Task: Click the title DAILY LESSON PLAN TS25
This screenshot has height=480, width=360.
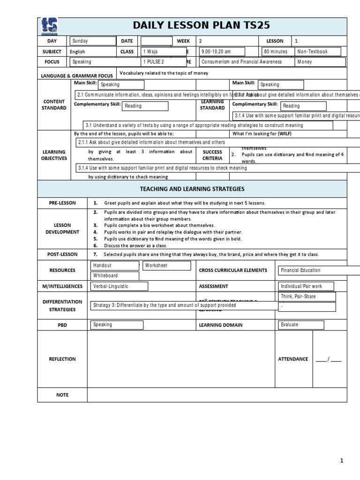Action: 202,26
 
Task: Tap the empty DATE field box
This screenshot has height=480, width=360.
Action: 156,42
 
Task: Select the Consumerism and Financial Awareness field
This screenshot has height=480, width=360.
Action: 247,62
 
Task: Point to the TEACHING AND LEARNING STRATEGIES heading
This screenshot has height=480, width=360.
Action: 192,188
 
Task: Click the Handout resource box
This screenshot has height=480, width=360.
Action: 114,266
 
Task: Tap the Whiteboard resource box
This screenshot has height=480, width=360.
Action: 114,276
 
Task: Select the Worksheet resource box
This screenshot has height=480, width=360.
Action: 166,266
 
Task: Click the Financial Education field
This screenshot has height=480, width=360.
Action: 319,270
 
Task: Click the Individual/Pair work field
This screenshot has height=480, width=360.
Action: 307,286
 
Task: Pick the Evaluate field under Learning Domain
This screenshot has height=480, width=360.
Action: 300,325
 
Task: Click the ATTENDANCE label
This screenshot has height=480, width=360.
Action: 293,359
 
